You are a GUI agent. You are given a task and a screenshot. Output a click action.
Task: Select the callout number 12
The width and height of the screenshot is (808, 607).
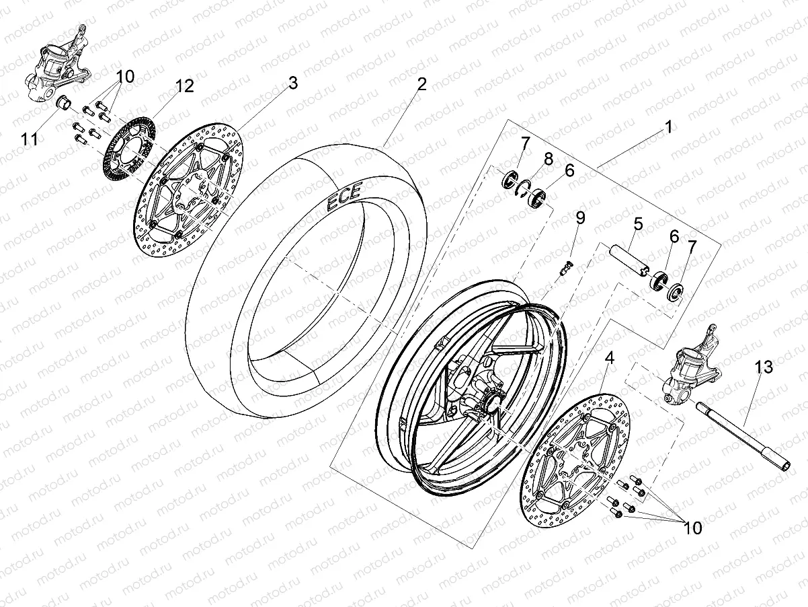pos(185,86)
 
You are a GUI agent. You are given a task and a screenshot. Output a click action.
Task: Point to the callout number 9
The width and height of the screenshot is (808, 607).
pos(580,217)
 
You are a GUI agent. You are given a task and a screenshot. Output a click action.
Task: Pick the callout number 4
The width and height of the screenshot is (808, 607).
pos(609,358)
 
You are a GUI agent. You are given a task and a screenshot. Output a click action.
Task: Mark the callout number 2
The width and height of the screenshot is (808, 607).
pos(421,84)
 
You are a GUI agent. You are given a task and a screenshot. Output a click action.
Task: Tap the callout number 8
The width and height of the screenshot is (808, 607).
pos(548,159)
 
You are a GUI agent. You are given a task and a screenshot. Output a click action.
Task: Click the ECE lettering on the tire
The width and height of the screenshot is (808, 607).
pos(343,196)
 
